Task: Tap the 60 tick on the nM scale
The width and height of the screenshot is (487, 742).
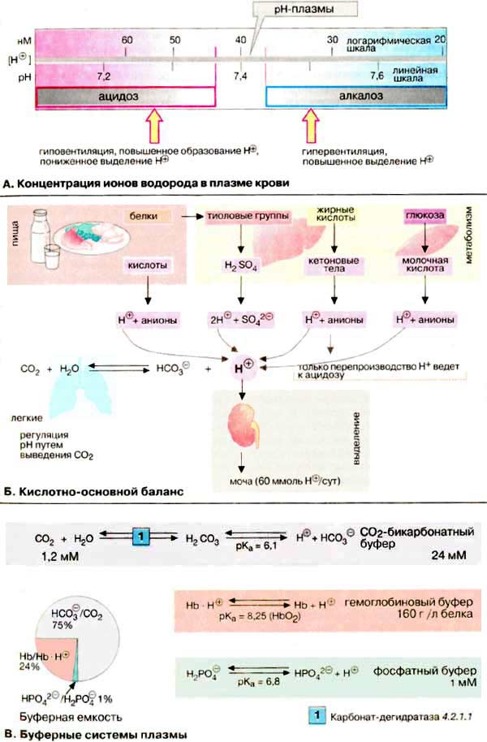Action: (x=127, y=40)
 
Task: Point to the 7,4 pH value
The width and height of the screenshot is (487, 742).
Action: (x=240, y=75)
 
